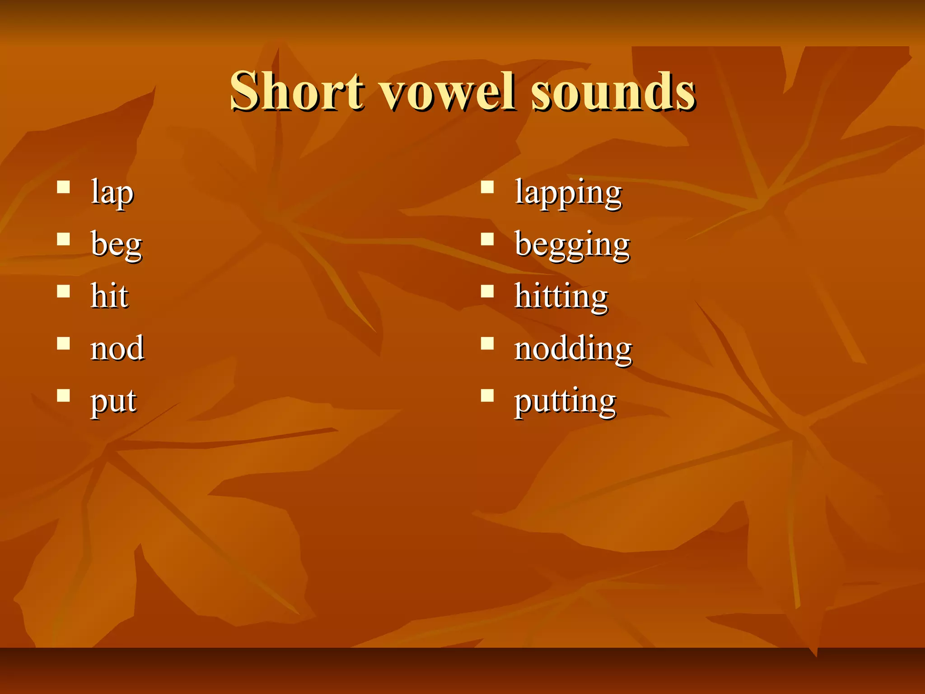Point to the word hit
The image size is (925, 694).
[x=109, y=296]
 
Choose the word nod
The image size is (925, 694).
[x=117, y=348]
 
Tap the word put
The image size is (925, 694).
[x=113, y=401]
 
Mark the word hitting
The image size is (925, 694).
[x=561, y=297]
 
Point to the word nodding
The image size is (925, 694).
[x=573, y=349]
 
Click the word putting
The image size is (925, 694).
[x=565, y=401]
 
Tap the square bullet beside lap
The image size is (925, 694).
[x=64, y=187]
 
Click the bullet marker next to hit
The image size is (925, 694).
[x=64, y=291]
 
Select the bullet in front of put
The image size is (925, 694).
[x=64, y=395]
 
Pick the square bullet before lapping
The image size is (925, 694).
[x=487, y=187]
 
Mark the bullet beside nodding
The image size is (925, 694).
[x=487, y=343]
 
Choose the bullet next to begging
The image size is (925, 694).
[x=487, y=239]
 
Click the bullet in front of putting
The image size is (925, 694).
[x=487, y=395]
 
